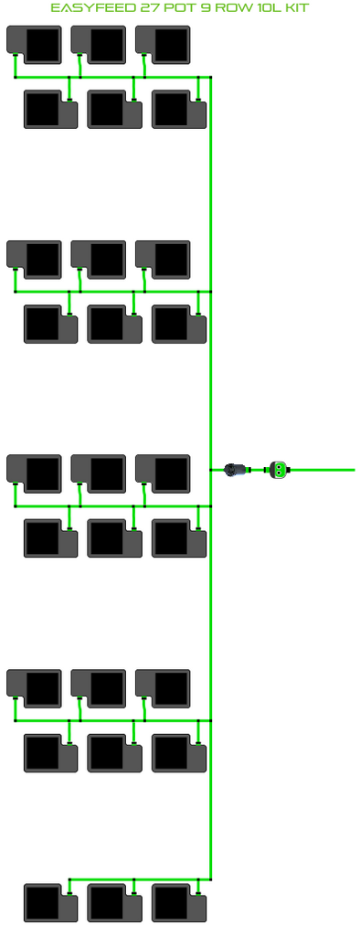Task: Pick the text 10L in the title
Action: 263,7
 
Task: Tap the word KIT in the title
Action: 295,7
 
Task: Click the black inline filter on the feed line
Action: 237,470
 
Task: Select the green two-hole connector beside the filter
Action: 278,470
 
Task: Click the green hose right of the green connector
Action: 323,470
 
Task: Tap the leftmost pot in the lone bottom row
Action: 51,902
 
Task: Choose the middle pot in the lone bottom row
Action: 114,902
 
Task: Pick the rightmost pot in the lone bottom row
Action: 179,902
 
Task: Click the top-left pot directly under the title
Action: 34,45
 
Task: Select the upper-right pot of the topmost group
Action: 163,45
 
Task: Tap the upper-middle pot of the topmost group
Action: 99,45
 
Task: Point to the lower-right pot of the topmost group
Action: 179,110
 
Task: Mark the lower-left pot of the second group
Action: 51,324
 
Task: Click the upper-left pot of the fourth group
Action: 34,689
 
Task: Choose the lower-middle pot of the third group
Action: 114,538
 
